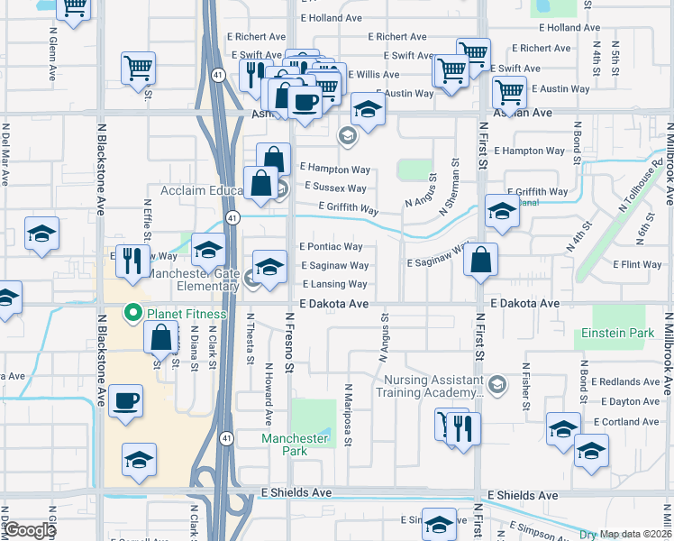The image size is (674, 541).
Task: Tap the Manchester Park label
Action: point(295,444)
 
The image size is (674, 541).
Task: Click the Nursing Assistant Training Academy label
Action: point(430,387)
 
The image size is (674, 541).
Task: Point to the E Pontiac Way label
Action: point(330,246)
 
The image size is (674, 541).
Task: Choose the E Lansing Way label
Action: point(334,285)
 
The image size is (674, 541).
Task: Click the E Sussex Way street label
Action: point(335,188)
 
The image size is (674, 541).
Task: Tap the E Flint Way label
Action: point(637,265)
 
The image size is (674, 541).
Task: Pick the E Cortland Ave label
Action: point(625,422)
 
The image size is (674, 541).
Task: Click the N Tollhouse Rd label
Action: point(641,186)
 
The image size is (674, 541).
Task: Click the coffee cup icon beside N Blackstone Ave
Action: point(126,399)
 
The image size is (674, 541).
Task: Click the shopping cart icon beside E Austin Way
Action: point(509,91)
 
